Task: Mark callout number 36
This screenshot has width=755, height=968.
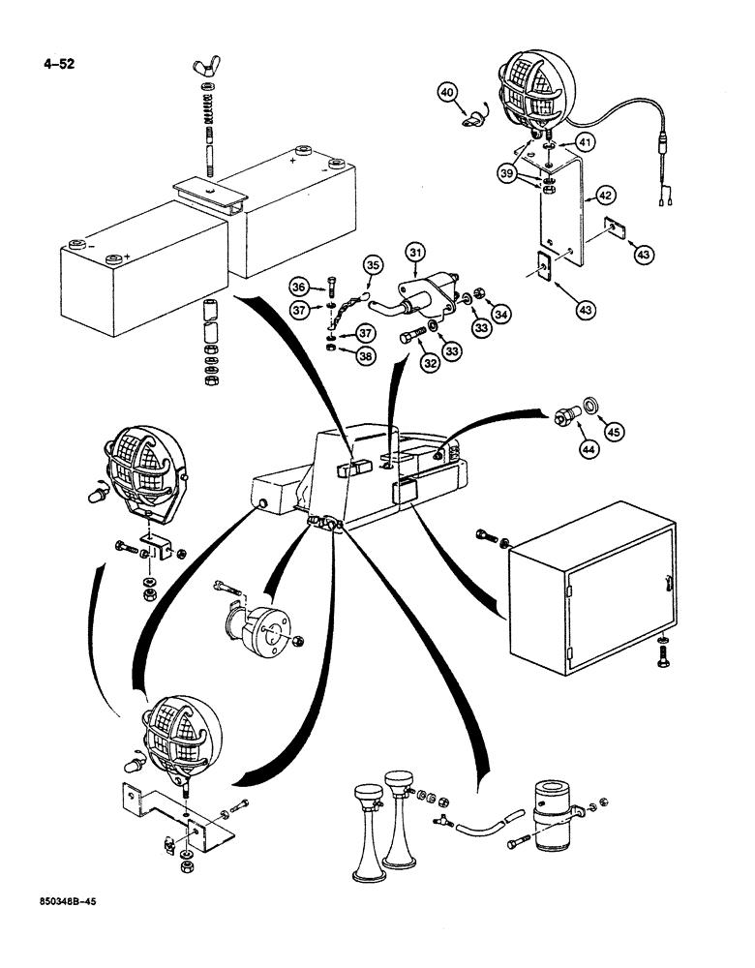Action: coord(300,287)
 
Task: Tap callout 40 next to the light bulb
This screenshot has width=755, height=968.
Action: coord(445,93)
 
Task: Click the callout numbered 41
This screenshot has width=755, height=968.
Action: coord(586,141)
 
